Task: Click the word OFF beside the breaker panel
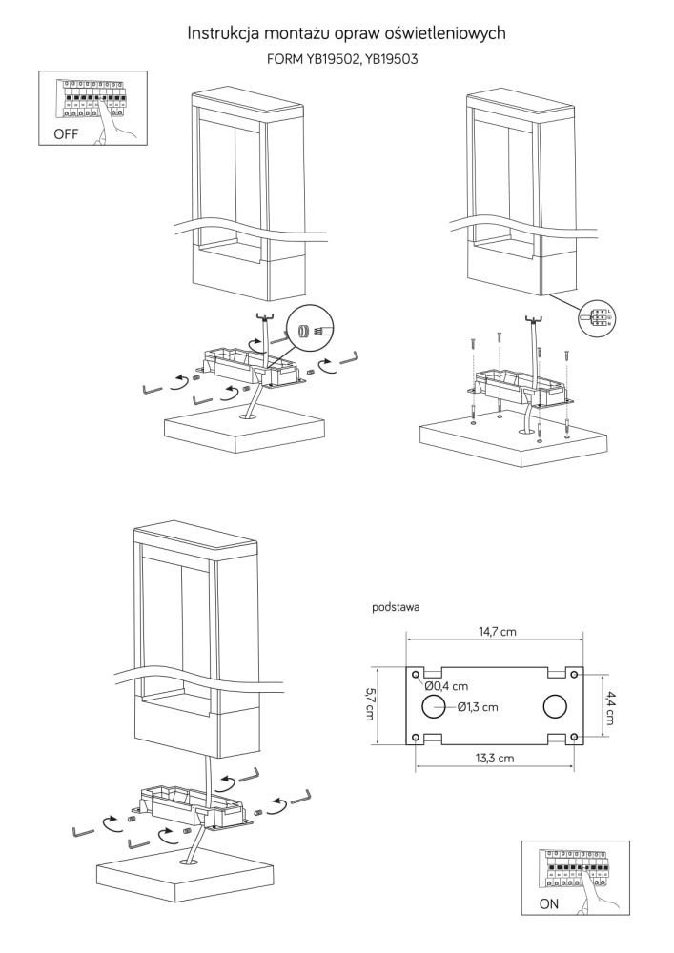tap(66, 134)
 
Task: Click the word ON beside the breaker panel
tap(551, 903)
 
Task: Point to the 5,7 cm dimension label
tap(370, 706)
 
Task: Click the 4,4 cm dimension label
tap(611, 706)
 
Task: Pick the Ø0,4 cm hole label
tap(446, 685)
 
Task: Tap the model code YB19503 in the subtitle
tap(389, 59)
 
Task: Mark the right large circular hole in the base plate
tap(555, 706)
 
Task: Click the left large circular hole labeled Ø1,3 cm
tap(434, 706)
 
